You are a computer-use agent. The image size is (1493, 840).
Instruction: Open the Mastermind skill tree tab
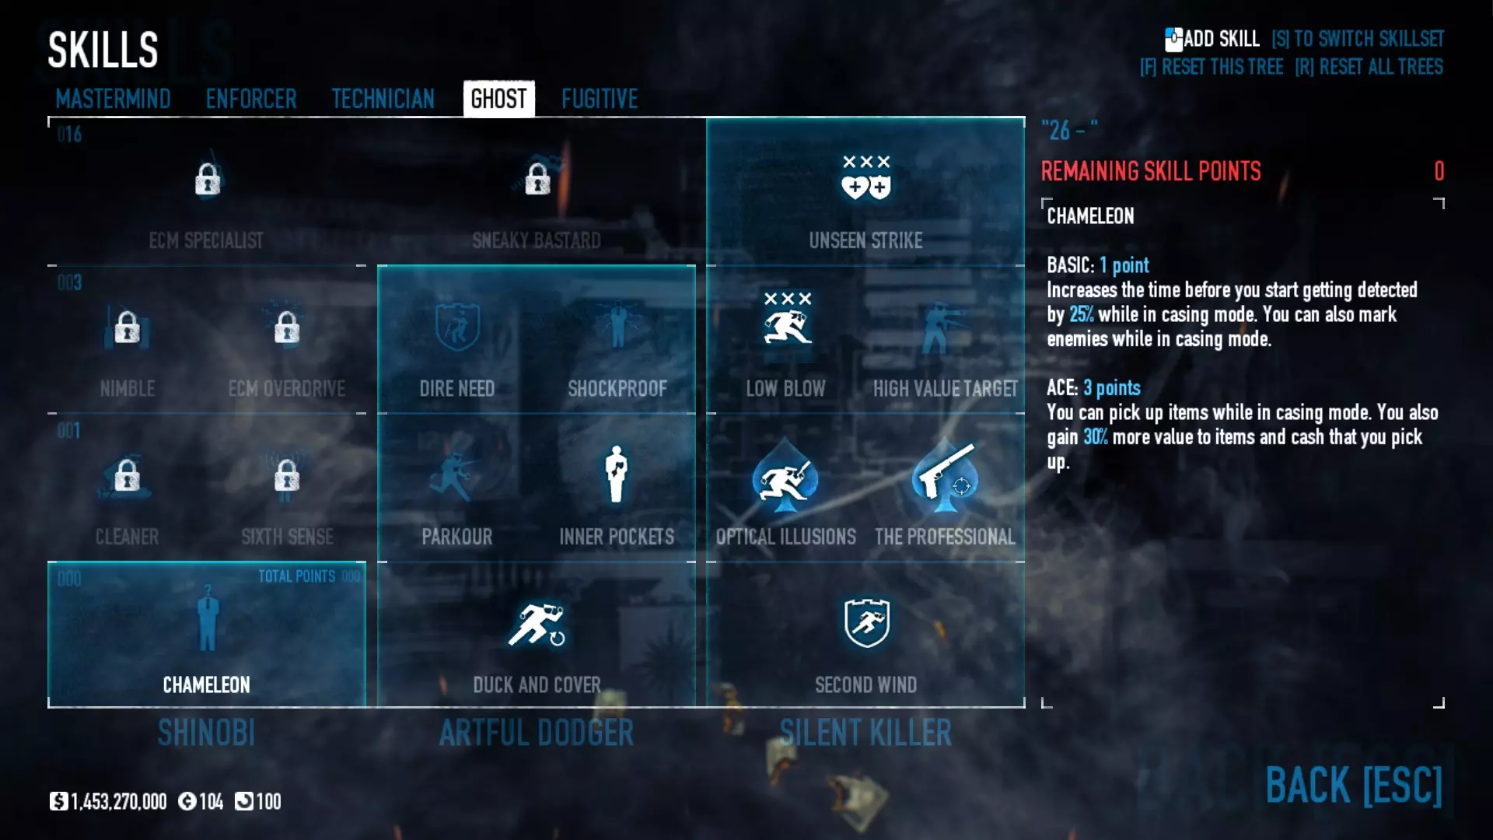coord(113,99)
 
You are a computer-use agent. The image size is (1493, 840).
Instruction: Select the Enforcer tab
coord(251,99)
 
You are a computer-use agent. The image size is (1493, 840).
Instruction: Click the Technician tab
coord(383,99)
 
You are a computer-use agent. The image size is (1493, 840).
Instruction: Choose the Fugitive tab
coord(600,99)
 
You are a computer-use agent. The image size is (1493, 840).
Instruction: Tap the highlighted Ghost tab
coord(498,99)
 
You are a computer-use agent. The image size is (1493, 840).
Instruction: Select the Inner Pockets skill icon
coord(617,474)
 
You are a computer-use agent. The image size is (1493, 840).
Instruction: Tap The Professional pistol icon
coord(946,475)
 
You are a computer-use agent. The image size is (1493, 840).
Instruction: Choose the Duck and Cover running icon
coord(537,625)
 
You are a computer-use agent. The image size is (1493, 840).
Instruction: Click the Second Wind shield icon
coord(866,622)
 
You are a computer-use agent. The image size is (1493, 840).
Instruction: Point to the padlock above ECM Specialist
coord(207,180)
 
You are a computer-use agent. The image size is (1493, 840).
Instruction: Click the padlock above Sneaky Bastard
coord(537,180)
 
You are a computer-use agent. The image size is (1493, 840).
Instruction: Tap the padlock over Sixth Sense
coord(287,475)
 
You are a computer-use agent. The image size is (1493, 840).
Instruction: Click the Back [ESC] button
coord(1353,785)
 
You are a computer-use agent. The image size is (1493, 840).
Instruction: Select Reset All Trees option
coord(1369,67)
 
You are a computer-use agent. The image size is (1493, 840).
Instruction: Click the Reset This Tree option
coord(1212,67)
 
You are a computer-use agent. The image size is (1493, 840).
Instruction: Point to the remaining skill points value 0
coord(1439,171)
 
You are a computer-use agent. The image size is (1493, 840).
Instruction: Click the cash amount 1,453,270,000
coord(117,802)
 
